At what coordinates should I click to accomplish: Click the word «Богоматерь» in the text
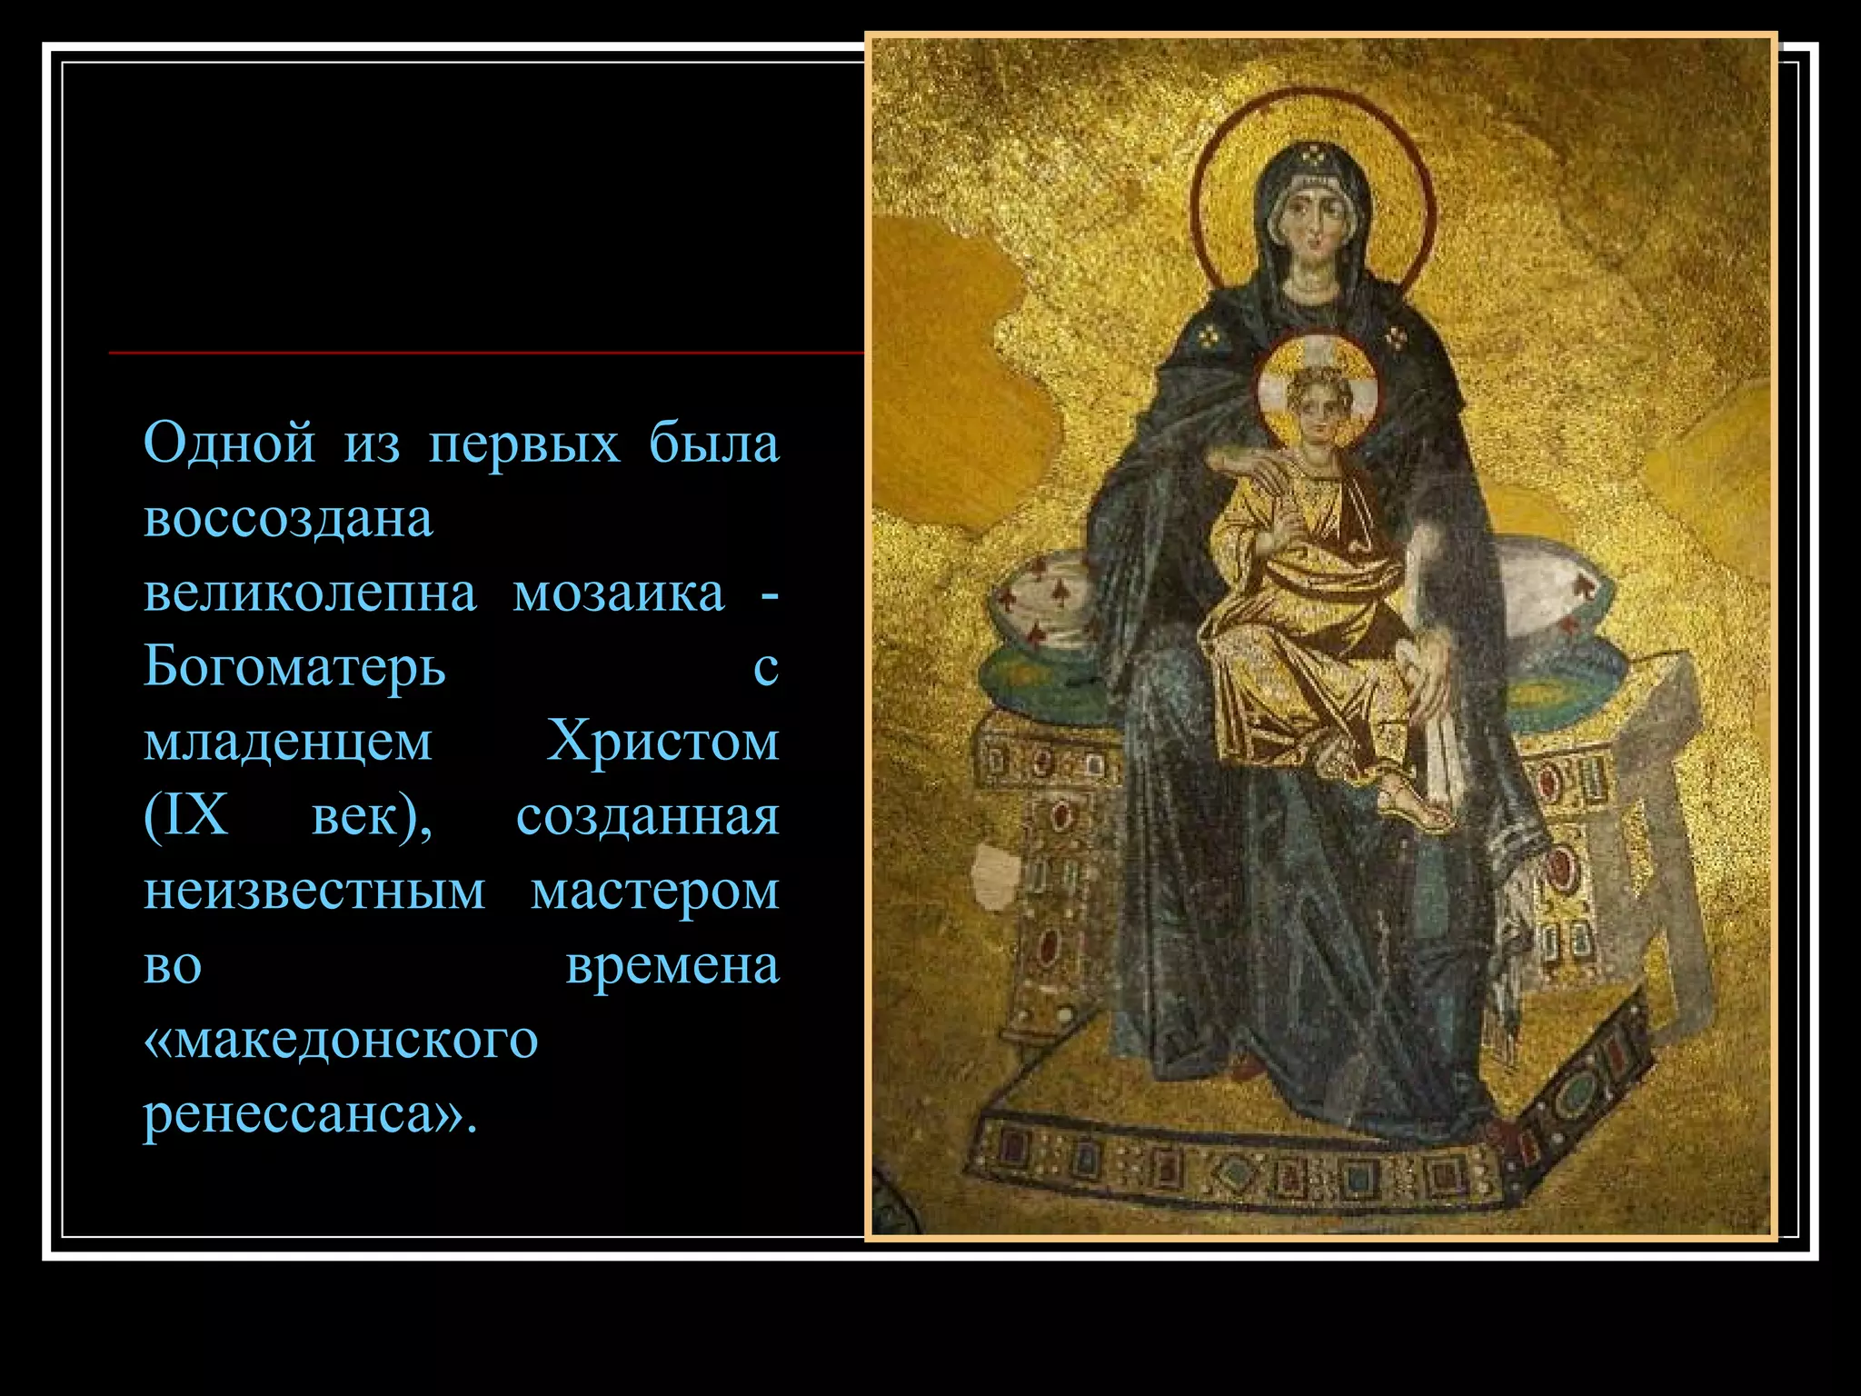[294, 667]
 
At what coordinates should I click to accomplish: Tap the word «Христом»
[662, 742]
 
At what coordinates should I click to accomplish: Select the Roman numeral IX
[186, 816]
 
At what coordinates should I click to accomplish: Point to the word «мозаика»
[619, 593]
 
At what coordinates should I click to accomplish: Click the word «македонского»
[341, 1039]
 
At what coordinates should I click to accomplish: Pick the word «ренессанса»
[300, 1113]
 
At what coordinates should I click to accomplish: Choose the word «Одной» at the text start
[229, 444]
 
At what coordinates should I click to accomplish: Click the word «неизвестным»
[314, 891]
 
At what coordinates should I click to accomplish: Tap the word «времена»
[672, 965]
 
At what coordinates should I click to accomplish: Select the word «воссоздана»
[288, 519]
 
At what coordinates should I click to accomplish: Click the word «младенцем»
[288, 742]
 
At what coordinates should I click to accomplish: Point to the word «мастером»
[655, 891]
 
